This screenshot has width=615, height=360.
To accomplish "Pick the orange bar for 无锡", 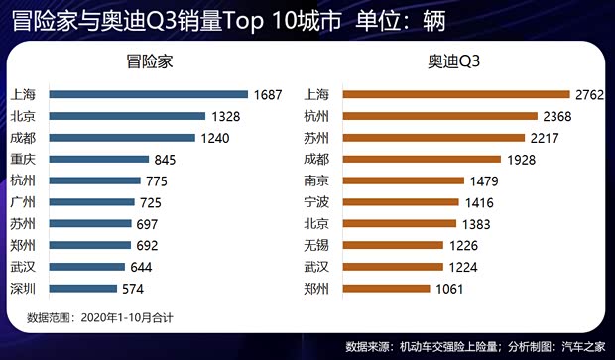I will click(390, 245).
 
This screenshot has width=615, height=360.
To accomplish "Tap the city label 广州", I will click(23, 202).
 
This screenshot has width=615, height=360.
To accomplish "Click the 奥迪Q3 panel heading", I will click(453, 61).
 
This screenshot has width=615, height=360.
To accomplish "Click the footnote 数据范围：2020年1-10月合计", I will click(99, 317).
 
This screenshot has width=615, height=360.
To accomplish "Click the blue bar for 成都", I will click(124, 138).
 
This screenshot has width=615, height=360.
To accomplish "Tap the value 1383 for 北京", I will click(487, 224).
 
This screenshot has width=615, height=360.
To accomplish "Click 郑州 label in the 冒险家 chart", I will click(23, 245).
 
